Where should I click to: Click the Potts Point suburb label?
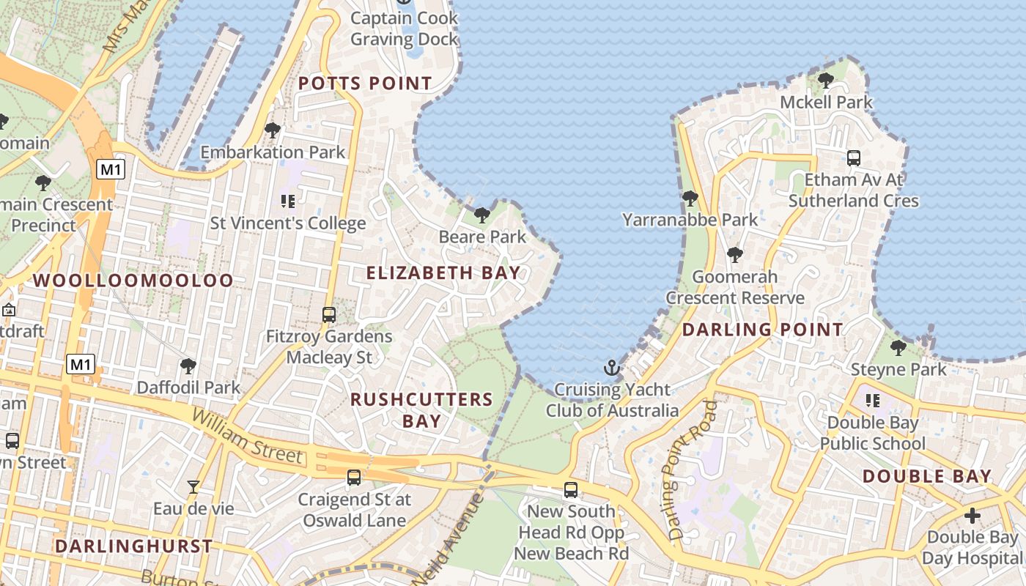[x=365, y=84]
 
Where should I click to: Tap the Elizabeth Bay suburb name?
[x=443, y=273]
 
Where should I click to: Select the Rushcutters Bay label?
[x=421, y=410]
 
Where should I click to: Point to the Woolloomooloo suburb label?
[x=133, y=281]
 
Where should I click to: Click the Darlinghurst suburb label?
[x=133, y=546]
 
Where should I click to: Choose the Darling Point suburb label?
[x=763, y=330]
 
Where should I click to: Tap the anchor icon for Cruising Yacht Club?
[x=611, y=368]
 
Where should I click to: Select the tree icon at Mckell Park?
[x=825, y=81]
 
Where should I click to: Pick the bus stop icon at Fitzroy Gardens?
[x=329, y=315]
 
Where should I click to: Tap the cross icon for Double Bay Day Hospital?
[x=972, y=516]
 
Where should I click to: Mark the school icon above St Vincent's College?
[x=287, y=201]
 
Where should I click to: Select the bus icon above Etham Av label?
[x=853, y=157]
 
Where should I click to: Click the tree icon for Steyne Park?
[x=898, y=348]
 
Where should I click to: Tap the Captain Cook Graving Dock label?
[x=404, y=29]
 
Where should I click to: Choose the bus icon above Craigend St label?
[x=354, y=478]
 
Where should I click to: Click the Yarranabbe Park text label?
[x=690, y=220]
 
